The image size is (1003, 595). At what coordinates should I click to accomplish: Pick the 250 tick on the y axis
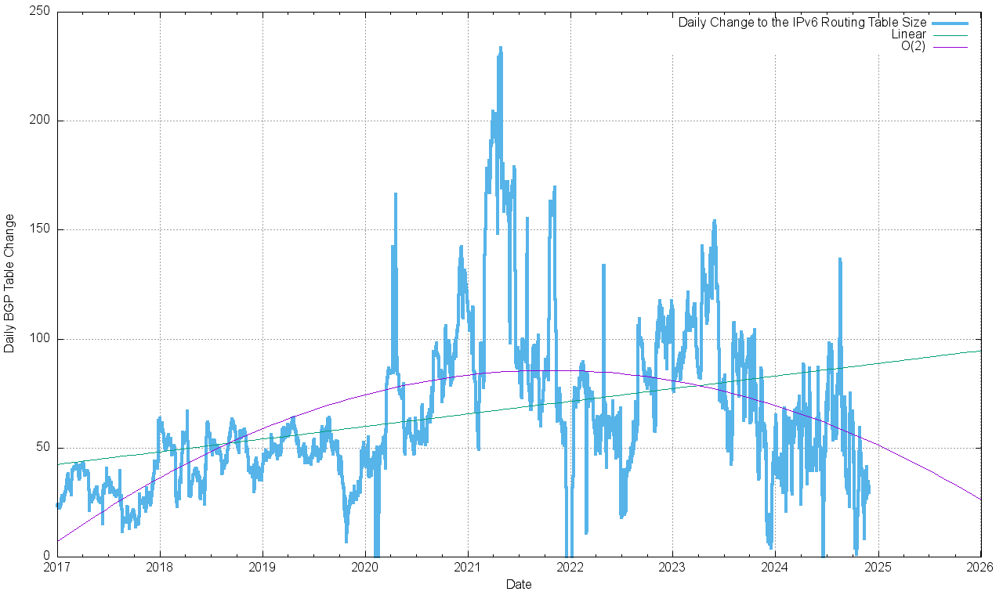[40, 12]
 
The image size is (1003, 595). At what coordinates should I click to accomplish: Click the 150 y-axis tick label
[40, 229]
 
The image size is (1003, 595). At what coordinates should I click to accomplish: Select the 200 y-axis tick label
[40, 121]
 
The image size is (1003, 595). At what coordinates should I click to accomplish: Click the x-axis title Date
[519, 584]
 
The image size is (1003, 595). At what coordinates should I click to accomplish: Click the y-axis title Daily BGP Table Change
[9, 283]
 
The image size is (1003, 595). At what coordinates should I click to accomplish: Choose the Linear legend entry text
[908, 34]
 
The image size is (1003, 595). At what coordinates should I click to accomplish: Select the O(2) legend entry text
[913, 46]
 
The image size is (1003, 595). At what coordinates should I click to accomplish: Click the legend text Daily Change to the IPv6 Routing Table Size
[802, 23]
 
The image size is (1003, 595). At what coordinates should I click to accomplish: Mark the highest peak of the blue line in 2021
[500, 48]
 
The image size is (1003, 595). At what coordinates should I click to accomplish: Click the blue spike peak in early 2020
[395, 193]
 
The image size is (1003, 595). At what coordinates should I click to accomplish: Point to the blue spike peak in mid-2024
[839, 259]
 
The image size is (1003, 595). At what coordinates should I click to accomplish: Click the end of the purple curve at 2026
[980, 499]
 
